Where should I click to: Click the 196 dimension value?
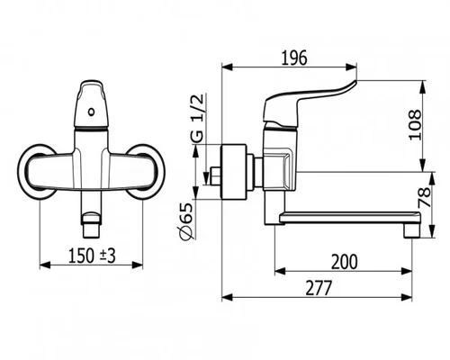[294, 58]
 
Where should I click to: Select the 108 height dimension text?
[416, 124]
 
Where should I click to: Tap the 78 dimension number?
[425, 197]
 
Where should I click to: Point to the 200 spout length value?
[345, 262]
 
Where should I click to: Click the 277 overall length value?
[319, 288]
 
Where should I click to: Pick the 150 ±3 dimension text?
[92, 256]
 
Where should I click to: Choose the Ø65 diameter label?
[186, 221]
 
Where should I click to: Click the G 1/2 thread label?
[197, 118]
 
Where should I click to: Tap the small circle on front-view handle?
[91, 112]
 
